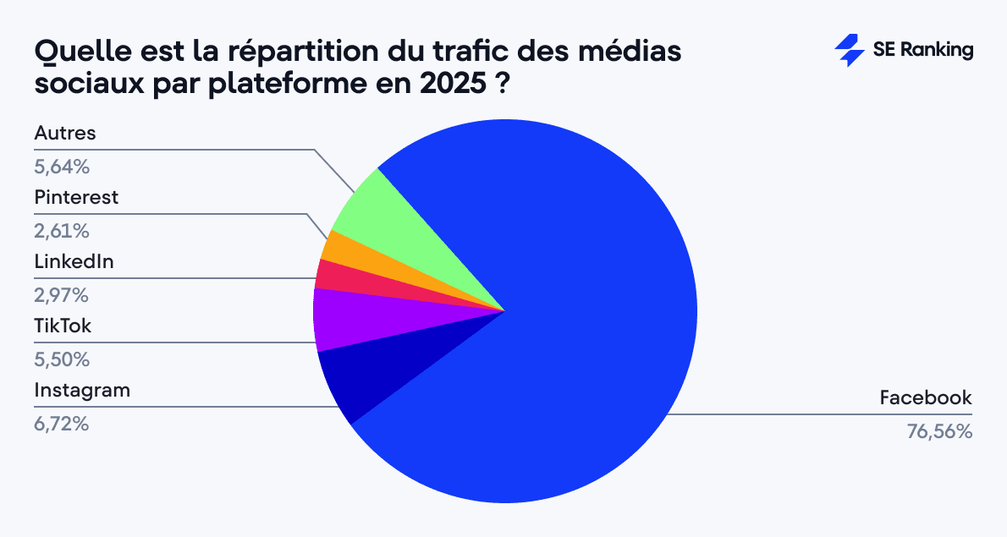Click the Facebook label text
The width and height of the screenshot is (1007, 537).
pyautogui.click(x=926, y=397)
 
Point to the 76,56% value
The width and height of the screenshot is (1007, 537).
pyautogui.click(x=939, y=431)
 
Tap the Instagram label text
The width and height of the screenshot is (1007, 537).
pyautogui.click(x=82, y=391)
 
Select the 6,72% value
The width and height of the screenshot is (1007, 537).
pyautogui.click(x=61, y=424)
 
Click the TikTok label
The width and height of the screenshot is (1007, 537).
pyautogui.click(x=63, y=326)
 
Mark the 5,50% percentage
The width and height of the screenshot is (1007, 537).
pyautogui.click(x=62, y=359)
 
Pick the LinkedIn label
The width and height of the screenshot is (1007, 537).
pyautogui.click(x=74, y=262)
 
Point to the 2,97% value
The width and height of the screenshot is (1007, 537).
pyautogui.click(x=61, y=295)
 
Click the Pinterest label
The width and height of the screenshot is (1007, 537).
pyautogui.click(x=76, y=198)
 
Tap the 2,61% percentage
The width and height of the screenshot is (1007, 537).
pyautogui.click(x=61, y=231)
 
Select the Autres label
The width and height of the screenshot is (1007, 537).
pyautogui.click(x=65, y=134)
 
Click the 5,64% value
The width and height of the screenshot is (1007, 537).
pyautogui.click(x=62, y=167)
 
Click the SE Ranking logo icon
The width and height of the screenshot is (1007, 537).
pyautogui.click(x=850, y=51)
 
